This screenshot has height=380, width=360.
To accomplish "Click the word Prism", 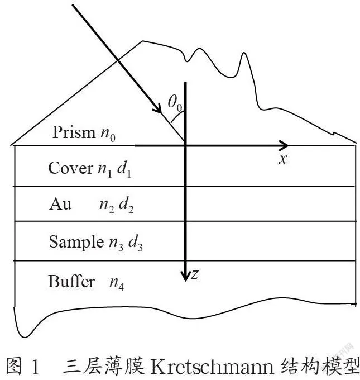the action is pos(74,132).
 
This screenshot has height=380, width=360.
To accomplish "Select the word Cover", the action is pos(70,168).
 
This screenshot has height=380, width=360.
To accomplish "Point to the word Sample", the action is pos(76,242).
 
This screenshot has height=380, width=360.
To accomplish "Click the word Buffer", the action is pos(71,281).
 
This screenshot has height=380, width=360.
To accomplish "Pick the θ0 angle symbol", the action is pos(175,103).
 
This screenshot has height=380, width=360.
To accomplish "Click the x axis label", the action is pos(282,159).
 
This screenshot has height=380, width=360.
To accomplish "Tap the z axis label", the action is pos(195,274).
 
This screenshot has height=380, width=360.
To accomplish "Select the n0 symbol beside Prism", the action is pos(108,134).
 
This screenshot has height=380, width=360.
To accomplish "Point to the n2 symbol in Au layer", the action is pos(107,206).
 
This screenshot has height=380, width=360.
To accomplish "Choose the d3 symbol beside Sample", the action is pos(135,243).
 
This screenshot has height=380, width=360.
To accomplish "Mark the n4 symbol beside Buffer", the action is pos(117,283).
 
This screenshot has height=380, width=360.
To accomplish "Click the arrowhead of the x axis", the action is pos(283,145).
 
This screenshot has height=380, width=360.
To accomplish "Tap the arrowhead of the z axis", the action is pos(185,276).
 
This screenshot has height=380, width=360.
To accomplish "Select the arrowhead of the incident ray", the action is pos(157,108).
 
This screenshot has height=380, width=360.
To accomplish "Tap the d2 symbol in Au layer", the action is pos(126,206).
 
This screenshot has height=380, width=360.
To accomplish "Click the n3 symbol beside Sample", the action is pos(116,244).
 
